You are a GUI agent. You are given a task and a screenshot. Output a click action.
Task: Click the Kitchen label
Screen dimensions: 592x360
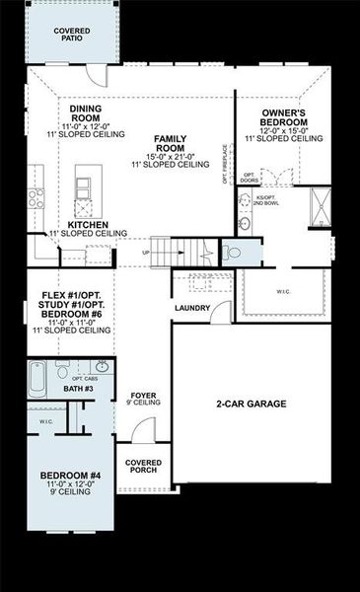coord(88,225)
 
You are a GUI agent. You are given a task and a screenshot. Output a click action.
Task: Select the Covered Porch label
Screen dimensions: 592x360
coord(143,466)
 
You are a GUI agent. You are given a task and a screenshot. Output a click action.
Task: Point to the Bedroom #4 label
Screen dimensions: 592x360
coord(71,478)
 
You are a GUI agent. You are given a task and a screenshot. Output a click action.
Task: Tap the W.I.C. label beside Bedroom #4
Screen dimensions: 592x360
coord(46,422)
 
